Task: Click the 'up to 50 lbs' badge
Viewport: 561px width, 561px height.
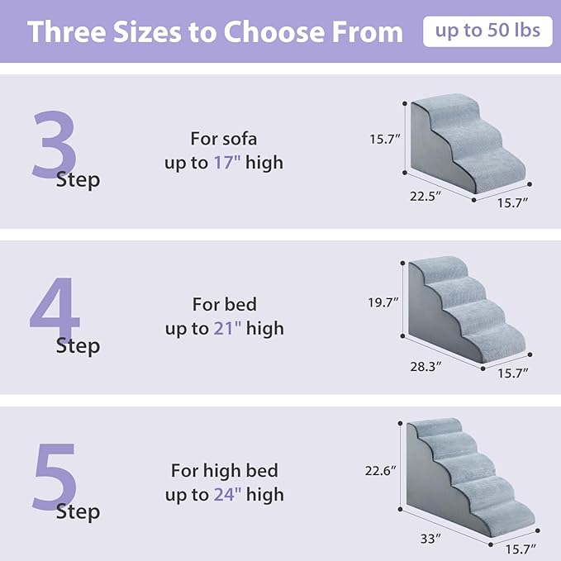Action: (x=487, y=31)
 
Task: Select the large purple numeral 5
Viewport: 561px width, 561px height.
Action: (x=55, y=477)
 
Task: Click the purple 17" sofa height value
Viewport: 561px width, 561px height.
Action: (x=226, y=163)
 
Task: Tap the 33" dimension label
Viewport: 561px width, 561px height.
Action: (x=429, y=539)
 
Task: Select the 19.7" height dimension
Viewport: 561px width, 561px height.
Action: (x=383, y=303)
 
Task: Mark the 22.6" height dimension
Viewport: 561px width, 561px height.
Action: (x=381, y=470)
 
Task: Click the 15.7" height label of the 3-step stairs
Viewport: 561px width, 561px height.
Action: (x=384, y=140)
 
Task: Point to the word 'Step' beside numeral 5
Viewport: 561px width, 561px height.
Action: (x=78, y=511)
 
